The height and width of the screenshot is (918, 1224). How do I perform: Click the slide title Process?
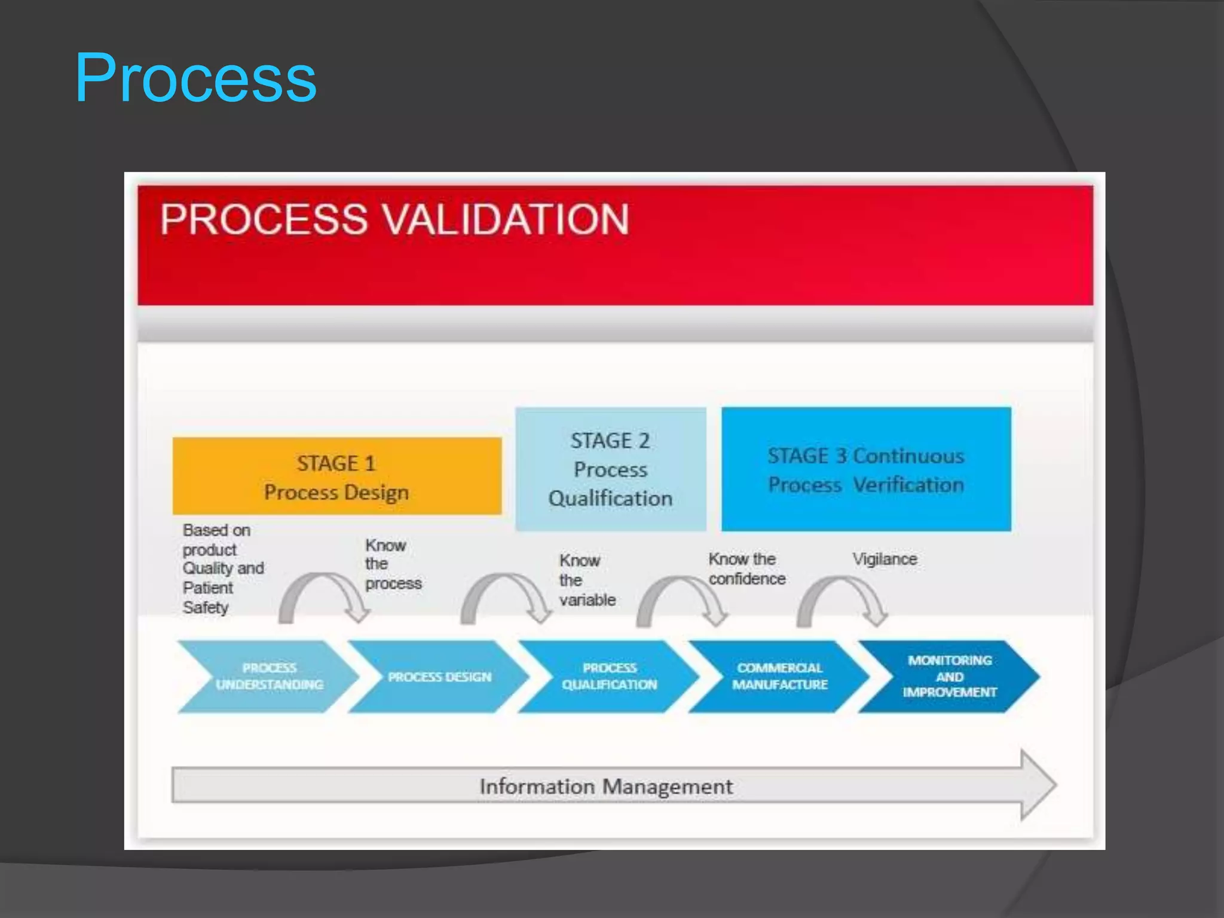pos(195,78)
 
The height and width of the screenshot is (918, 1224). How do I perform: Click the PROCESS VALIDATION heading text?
pos(394,219)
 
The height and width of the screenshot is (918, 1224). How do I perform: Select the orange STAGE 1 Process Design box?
pos(336,476)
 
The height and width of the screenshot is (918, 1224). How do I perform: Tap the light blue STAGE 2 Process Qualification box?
pos(610,469)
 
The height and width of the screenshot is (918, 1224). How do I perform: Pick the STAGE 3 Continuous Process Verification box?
pos(866,470)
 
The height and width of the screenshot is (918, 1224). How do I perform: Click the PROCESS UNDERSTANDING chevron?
pos(269,677)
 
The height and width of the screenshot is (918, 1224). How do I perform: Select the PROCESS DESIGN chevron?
pos(439,677)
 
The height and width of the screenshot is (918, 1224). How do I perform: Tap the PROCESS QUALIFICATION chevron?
pos(609,677)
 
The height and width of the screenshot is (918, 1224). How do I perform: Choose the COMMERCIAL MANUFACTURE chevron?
pos(779,677)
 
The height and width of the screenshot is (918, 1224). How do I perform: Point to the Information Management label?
pos(605,787)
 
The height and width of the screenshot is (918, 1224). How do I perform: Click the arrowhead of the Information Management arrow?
pos(1038,785)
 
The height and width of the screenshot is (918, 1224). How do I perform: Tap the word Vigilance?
pos(885,559)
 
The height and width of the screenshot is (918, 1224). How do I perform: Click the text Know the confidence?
pos(746,569)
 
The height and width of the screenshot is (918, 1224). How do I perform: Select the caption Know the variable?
pos(587,580)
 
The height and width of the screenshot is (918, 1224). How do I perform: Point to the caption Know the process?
pos(393,564)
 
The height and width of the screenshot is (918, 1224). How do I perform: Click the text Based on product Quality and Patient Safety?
pos(222,568)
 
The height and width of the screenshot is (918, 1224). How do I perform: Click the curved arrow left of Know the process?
pos(323,598)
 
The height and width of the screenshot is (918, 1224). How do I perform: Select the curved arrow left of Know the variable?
pos(506,598)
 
